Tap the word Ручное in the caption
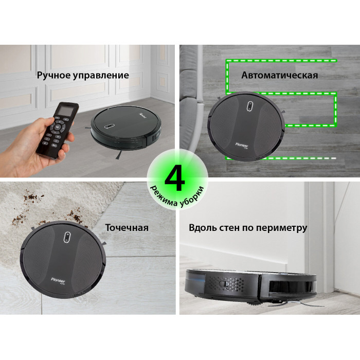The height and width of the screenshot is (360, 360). pos(53,76)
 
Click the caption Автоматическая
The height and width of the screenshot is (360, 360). pos(280,75)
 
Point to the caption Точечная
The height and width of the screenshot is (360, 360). pos(127,228)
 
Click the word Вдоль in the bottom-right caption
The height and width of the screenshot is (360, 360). pos(202,228)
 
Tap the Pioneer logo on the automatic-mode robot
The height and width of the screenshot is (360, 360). pos(242,145)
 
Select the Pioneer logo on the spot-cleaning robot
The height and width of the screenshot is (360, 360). pos(58,280)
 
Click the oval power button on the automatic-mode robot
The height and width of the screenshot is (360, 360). pos(250,106)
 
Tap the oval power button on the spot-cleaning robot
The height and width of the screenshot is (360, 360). pos(67,237)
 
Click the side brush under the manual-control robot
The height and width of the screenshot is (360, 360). pos(118,155)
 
